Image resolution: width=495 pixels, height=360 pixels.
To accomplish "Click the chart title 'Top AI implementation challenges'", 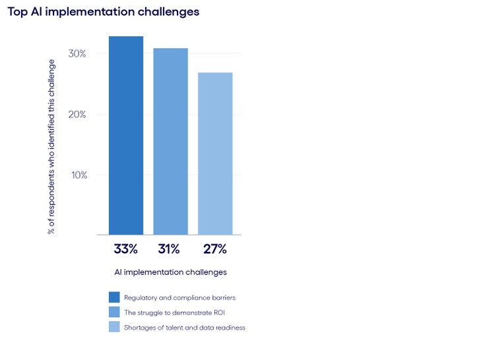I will point(103,12).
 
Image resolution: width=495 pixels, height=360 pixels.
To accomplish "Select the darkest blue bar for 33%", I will point(126,135).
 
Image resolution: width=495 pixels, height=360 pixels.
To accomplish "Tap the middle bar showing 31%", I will point(170,141).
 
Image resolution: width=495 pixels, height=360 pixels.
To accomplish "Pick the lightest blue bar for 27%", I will point(215,153).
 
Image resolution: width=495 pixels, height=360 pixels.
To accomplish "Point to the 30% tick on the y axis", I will point(78,53).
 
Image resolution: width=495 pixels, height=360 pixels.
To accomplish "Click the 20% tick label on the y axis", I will point(78,114).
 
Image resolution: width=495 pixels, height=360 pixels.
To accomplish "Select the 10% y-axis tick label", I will point(78,175).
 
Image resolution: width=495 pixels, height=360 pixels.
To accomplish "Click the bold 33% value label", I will point(125,249).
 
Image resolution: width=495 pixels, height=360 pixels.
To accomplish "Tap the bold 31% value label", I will point(170,249).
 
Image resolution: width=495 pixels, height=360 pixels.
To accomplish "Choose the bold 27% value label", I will point(214,249).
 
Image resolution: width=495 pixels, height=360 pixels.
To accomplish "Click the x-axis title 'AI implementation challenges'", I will point(170,272).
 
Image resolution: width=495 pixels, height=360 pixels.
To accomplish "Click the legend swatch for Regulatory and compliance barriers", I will point(114,297).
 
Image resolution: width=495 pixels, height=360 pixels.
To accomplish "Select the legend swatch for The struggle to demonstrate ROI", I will point(114,312).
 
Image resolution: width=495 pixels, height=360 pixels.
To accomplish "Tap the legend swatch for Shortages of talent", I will point(114,327).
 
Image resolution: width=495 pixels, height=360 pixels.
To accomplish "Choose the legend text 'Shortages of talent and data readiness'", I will point(184,328).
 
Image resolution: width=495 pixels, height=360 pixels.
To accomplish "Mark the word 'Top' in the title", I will point(17,12).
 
